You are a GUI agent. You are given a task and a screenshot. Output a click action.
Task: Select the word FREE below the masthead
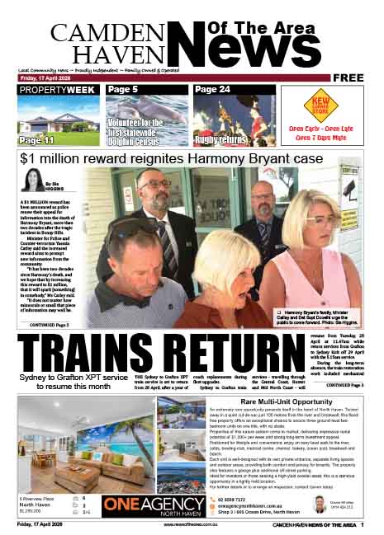tap(349, 78)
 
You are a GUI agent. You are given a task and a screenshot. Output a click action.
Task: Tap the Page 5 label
tap(123, 89)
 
